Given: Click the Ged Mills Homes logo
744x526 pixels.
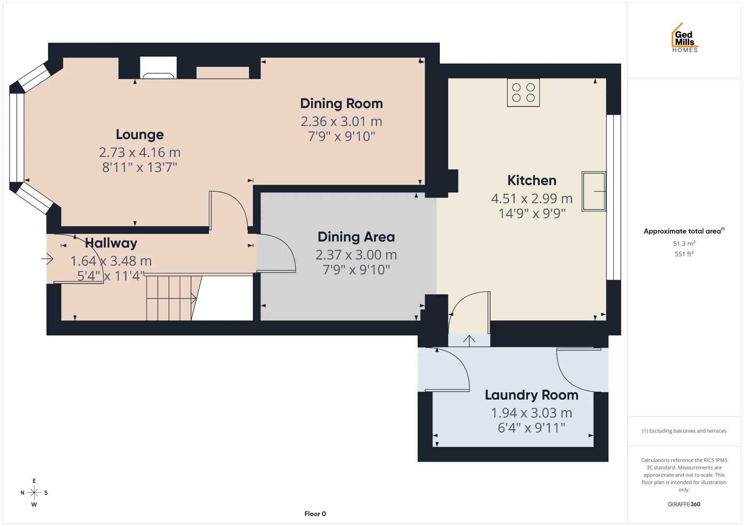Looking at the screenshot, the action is pos(685,38).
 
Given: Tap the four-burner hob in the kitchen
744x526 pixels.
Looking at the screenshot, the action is pos(523,93).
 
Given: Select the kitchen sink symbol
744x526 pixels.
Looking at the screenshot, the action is pos(594,191).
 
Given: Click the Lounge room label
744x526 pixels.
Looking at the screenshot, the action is pos(140,134).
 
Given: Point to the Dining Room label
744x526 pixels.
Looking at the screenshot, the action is pos(341,103).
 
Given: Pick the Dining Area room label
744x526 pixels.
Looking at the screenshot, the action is pos(356,237).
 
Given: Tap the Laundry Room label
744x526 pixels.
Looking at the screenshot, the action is pos(531,395).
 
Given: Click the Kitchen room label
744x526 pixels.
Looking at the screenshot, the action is pos(532,180).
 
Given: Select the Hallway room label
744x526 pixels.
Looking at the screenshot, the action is pos(111,243).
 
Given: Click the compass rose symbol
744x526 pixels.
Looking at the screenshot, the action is pos(34,493).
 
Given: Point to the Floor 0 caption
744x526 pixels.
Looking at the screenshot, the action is pos(315,514).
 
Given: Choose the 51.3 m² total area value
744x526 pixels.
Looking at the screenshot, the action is pos(684,243).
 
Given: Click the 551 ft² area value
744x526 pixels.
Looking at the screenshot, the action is pos(684,254).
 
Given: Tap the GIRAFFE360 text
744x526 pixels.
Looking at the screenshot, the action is pos(684,504).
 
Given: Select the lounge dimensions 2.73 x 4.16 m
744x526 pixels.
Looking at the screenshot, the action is pos(140,152).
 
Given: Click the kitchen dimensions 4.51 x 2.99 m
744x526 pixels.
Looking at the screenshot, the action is pos(532,198).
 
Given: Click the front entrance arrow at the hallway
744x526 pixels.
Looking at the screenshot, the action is pos(47,258).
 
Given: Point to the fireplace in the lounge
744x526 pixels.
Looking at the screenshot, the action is pos(158,68).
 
